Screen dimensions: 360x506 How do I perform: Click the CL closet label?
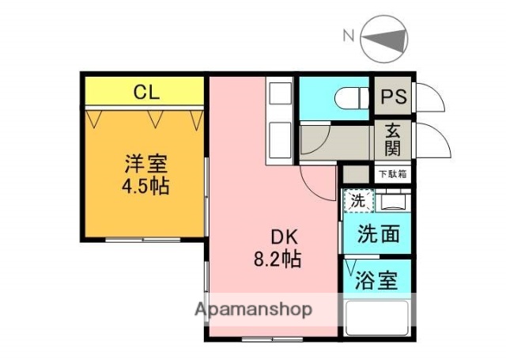tap(145, 93)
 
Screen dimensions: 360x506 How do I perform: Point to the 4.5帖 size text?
tap(145, 188)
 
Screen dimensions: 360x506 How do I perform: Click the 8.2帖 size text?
tap(276, 258)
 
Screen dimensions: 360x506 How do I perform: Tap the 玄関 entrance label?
tap(392, 139)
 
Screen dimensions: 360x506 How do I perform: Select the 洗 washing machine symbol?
tap(357, 202)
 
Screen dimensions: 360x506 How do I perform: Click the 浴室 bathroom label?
tap(376, 281)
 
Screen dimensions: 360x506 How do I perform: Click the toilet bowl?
tap(348, 97)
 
